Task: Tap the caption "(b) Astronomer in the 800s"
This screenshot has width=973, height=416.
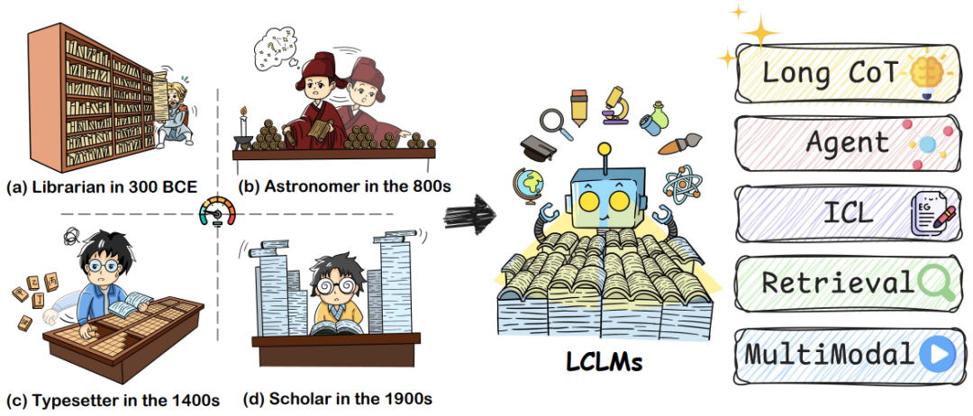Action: (x=344, y=187)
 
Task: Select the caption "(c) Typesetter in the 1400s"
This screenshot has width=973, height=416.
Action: (x=112, y=399)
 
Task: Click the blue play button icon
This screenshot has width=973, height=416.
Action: (x=935, y=355)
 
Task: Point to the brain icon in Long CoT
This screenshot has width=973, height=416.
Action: (x=923, y=72)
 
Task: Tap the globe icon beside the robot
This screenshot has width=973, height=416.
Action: (x=530, y=185)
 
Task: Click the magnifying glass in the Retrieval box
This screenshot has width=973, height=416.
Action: (x=933, y=284)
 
